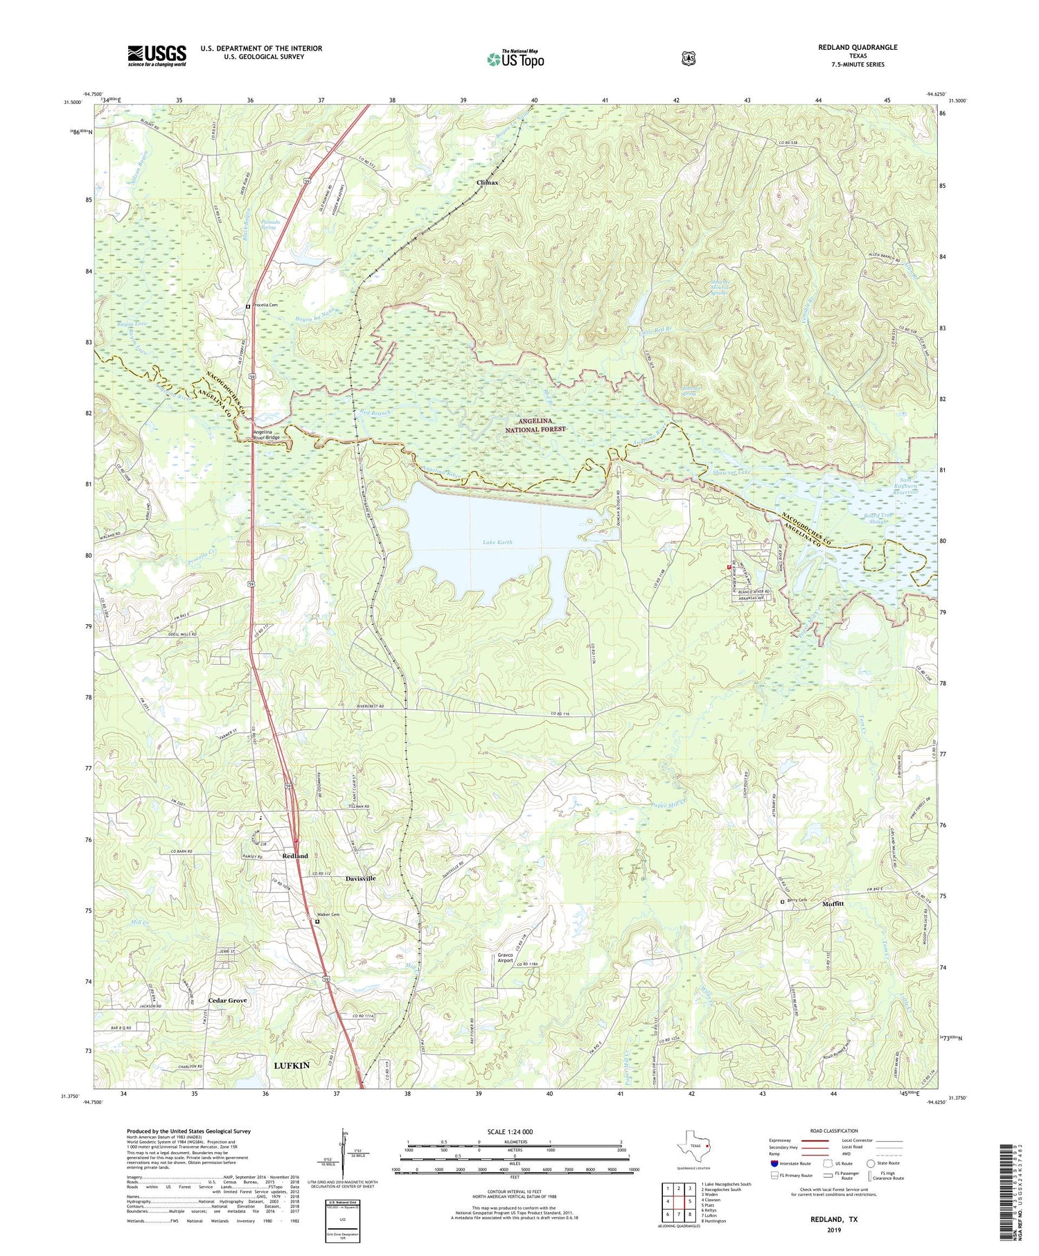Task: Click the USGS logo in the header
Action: pos(157,55)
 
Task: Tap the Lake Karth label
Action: pos(498,542)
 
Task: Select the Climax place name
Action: pos(488,183)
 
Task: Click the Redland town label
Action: pos(295,856)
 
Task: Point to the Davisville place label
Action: pos(360,878)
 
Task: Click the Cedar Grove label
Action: pos(227,1000)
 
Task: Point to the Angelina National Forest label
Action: pos(542,425)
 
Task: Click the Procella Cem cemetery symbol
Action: pos(248,306)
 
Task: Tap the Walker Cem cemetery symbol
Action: pos(317,922)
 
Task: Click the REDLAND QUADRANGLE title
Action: pos(857,47)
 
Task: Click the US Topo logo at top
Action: pos(515,59)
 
